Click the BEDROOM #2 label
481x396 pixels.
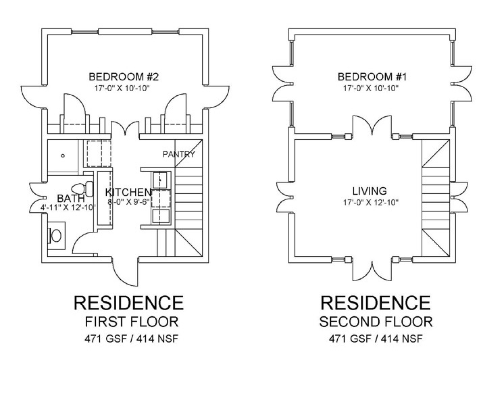(124, 77)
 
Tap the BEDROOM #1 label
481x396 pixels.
(372, 77)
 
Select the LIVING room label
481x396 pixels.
(370, 191)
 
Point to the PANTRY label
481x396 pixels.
(179, 154)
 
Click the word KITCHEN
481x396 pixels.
(128, 192)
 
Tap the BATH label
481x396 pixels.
(71, 198)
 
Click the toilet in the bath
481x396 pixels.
(82, 189)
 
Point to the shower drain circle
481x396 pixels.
(63, 156)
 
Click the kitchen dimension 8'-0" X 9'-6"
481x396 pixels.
(129, 202)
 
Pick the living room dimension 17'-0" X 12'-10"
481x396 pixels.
(371, 202)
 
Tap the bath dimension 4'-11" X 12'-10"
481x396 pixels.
(68, 208)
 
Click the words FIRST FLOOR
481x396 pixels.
(132, 322)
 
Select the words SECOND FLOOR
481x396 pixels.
(376, 322)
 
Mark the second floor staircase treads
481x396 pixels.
(436, 198)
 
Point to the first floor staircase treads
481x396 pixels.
(188, 198)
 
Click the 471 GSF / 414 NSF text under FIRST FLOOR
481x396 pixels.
(131, 339)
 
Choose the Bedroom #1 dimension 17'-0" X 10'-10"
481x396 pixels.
(371, 88)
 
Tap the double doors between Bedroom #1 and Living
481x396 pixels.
(372, 125)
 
